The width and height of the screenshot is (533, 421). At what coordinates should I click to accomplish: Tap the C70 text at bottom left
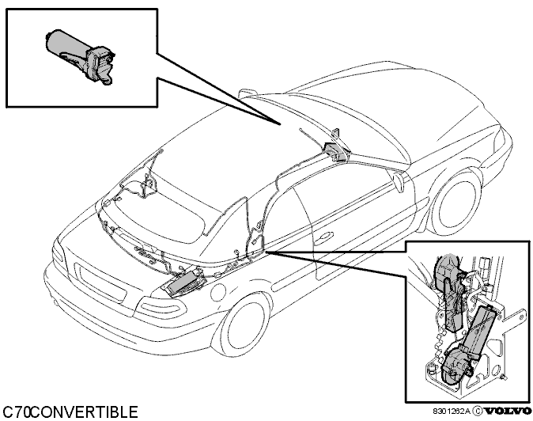point(17,412)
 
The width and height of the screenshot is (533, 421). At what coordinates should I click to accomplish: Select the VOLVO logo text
point(508,412)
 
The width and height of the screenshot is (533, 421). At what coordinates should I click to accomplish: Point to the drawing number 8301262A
point(452,412)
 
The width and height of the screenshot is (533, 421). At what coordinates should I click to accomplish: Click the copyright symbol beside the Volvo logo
point(478,412)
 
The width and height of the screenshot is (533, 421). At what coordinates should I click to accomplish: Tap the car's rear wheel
point(456,205)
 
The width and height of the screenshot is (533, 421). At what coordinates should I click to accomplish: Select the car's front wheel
point(245,327)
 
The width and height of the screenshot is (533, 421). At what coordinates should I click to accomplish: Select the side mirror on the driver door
point(399,180)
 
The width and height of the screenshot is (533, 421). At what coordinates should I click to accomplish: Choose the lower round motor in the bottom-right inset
point(455,369)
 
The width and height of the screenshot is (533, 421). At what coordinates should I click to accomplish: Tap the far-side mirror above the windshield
point(248,93)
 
